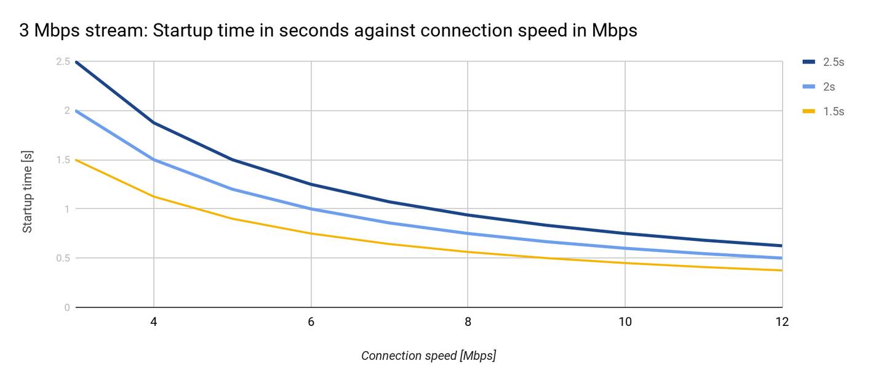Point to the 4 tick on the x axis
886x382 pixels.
153,322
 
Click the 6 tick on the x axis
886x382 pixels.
311,322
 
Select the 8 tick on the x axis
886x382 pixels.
468,322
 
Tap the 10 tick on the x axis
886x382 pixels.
625,322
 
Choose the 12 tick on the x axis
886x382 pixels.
781,322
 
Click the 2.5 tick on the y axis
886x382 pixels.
63,62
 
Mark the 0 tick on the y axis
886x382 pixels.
67,307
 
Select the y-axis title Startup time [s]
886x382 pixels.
28,193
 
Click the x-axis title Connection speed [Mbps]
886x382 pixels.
428,356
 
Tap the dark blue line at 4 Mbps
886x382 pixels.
153,123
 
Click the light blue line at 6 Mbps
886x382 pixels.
311,209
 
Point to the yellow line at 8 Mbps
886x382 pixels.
468,252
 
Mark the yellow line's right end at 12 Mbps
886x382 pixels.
781,270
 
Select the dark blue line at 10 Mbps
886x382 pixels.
625,234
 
